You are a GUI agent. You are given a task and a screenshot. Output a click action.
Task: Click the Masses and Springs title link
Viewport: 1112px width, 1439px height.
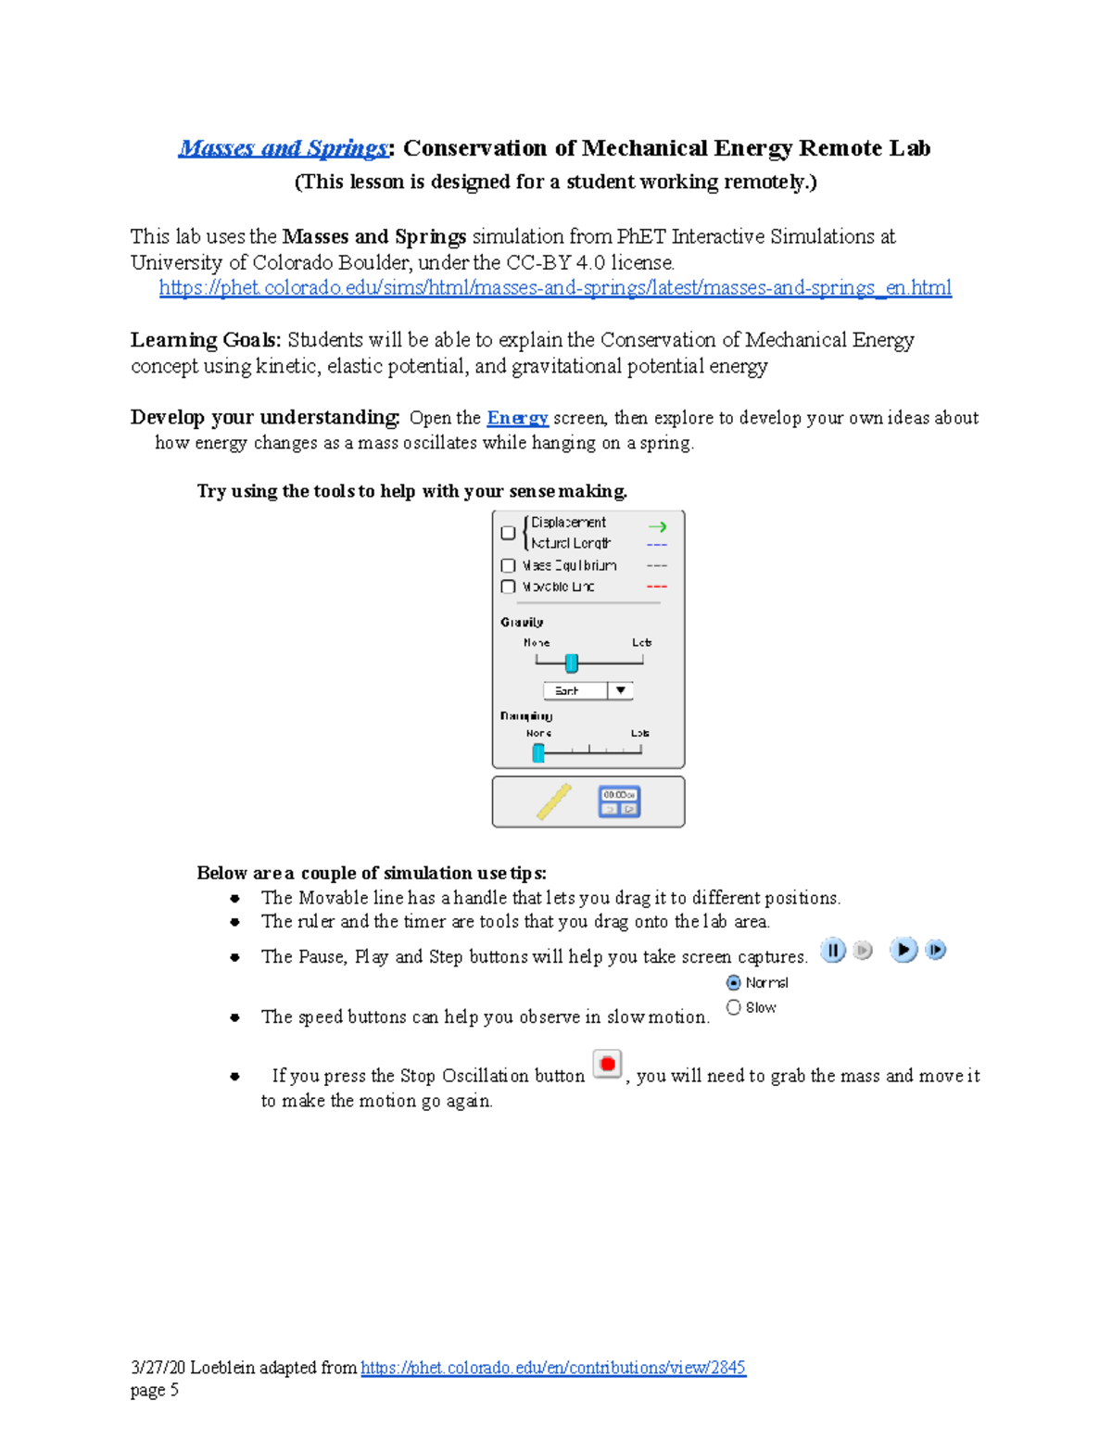click(x=283, y=148)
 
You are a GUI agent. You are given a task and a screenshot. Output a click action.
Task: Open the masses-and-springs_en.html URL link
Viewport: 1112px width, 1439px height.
click(x=555, y=288)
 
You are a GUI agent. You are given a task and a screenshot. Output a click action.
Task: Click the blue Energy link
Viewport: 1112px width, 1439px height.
click(x=517, y=418)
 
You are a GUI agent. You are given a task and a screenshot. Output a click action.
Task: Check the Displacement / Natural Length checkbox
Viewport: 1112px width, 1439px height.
click(x=508, y=533)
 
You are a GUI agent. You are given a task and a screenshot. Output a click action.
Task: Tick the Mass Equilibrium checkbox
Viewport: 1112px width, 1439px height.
click(x=508, y=565)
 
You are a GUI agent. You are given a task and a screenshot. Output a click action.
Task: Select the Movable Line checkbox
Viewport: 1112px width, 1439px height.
click(x=508, y=587)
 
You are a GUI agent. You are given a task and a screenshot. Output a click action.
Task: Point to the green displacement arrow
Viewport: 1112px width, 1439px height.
click(x=657, y=526)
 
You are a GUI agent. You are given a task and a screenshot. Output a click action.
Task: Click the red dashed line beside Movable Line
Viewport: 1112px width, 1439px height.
click(x=656, y=587)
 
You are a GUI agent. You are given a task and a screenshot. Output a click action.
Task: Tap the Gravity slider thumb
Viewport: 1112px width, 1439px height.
click(x=572, y=663)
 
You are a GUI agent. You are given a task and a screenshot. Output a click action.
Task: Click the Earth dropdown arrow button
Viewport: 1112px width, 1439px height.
click(x=621, y=690)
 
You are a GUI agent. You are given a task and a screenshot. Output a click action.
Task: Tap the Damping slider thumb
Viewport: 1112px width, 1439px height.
click(x=538, y=752)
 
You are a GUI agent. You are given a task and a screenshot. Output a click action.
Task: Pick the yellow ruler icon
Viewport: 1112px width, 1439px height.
click(x=554, y=802)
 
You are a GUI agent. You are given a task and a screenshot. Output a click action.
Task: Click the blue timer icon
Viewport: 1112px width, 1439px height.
click(x=620, y=802)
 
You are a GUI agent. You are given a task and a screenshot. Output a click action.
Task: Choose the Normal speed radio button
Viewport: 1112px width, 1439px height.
click(x=734, y=982)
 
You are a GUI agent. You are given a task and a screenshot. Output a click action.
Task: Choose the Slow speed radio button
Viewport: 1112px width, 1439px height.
click(x=734, y=1007)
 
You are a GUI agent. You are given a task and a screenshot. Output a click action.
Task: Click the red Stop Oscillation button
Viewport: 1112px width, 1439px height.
click(x=607, y=1065)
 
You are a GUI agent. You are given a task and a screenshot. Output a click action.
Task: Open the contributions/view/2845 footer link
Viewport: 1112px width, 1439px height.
click(x=553, y=1368)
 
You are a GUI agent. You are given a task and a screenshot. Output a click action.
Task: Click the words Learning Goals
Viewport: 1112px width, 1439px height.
click(x=205, y=340)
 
